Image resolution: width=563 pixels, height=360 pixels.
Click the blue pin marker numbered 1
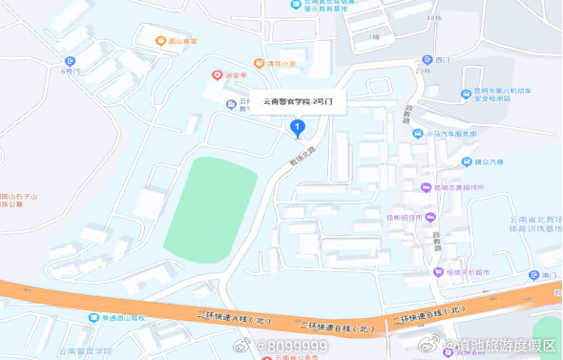297,127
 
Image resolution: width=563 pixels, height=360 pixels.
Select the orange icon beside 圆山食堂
160,40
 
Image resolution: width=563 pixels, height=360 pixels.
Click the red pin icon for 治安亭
217,74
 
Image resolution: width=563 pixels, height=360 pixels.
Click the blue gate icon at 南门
532,275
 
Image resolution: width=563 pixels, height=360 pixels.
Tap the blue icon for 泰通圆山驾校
94,317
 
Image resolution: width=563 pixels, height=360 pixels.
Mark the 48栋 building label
435,18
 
